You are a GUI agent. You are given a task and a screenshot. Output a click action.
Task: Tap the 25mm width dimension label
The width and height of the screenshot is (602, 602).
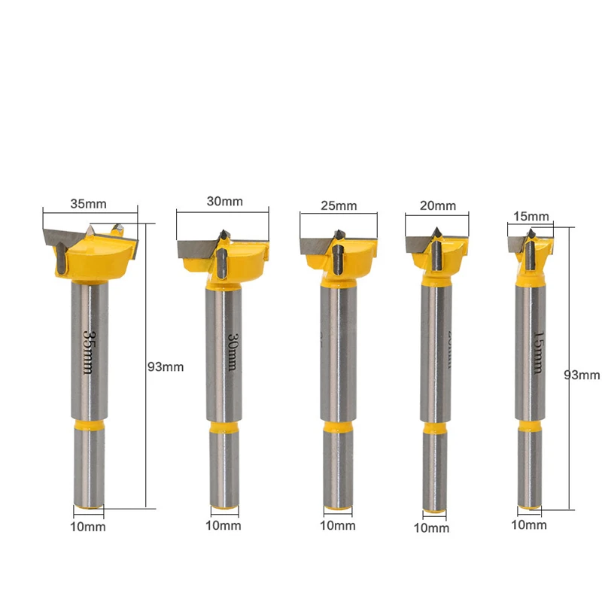338,205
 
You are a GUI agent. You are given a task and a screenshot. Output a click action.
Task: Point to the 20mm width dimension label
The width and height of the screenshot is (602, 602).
438,205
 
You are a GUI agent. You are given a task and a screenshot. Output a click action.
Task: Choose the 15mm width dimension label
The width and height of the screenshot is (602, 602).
531,216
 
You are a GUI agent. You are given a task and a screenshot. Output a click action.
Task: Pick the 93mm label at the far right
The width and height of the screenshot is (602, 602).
584,375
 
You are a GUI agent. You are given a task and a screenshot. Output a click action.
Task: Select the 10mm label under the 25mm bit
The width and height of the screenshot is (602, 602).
338,525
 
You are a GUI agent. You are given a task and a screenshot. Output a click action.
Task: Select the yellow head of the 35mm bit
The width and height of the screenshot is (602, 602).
98,260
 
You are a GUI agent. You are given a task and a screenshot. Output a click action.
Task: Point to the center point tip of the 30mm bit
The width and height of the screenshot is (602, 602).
223,234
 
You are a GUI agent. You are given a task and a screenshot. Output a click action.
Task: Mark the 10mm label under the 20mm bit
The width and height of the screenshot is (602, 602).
431,528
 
